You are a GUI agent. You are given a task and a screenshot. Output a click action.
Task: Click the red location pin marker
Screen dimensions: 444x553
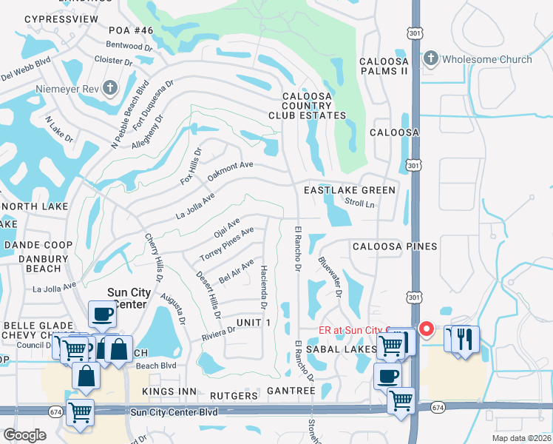click(426, 329)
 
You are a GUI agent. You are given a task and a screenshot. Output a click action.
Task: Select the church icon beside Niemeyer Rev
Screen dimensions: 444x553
click(109, 90)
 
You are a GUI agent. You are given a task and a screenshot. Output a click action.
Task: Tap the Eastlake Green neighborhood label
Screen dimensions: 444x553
click(350, 190)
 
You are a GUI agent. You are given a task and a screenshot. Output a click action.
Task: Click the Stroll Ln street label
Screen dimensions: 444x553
click(360, 201)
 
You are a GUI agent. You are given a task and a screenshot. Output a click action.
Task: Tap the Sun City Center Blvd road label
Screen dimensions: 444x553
click(174, 411)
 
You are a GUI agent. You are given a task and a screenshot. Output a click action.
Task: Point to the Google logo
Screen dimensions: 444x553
click(24, 435)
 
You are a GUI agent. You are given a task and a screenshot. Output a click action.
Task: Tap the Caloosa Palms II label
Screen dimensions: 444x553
click(384, 66)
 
